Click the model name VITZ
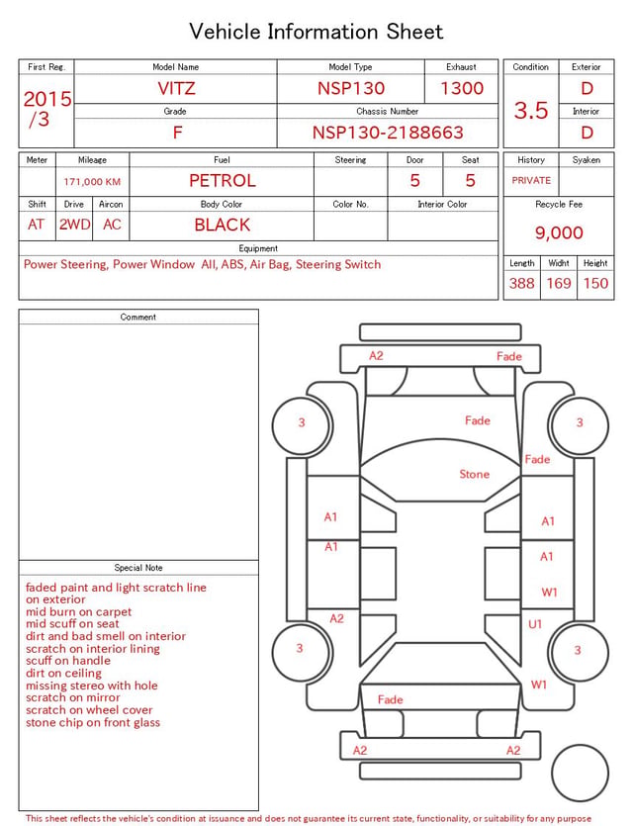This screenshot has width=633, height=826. click(176, 88)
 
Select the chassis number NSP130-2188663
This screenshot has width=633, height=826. click(388, 133)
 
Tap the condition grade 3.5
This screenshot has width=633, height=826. click(531, 110)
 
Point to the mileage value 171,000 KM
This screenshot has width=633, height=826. click(92, 182)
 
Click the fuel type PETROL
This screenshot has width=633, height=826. click(223, 181)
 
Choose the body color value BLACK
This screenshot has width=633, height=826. click(223, 225)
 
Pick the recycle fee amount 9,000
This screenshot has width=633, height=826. click(559, 232)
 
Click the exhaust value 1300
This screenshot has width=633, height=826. click(462, 88)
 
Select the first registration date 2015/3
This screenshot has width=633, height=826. click(46, 109)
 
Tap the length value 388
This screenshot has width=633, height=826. click(522, 283)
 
